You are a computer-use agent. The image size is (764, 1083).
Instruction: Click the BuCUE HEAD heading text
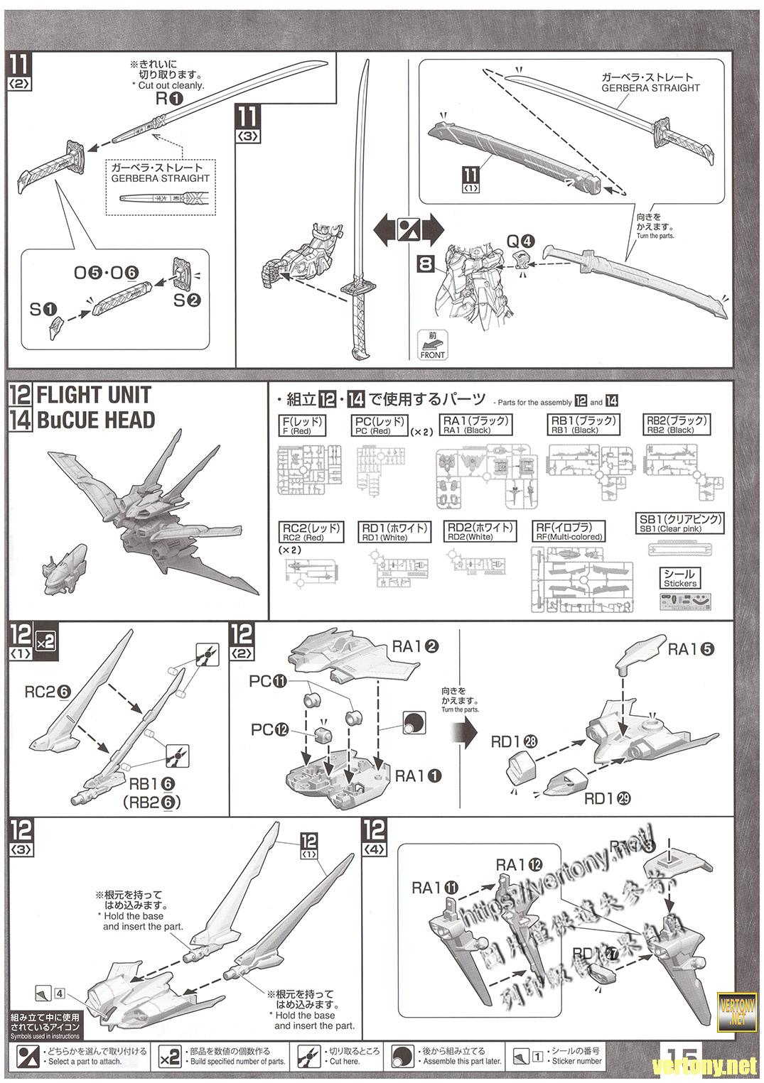(95, 420)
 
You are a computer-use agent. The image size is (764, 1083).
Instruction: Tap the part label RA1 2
(415, 647)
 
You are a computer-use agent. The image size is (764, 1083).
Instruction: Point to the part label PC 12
(270, 730)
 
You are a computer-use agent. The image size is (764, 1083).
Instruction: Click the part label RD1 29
(608, 798)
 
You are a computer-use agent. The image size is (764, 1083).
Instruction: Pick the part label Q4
(518, 241)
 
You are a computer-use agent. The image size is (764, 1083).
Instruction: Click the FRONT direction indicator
(432, 345)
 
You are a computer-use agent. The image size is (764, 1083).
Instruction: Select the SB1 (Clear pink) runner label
(680, 523)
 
